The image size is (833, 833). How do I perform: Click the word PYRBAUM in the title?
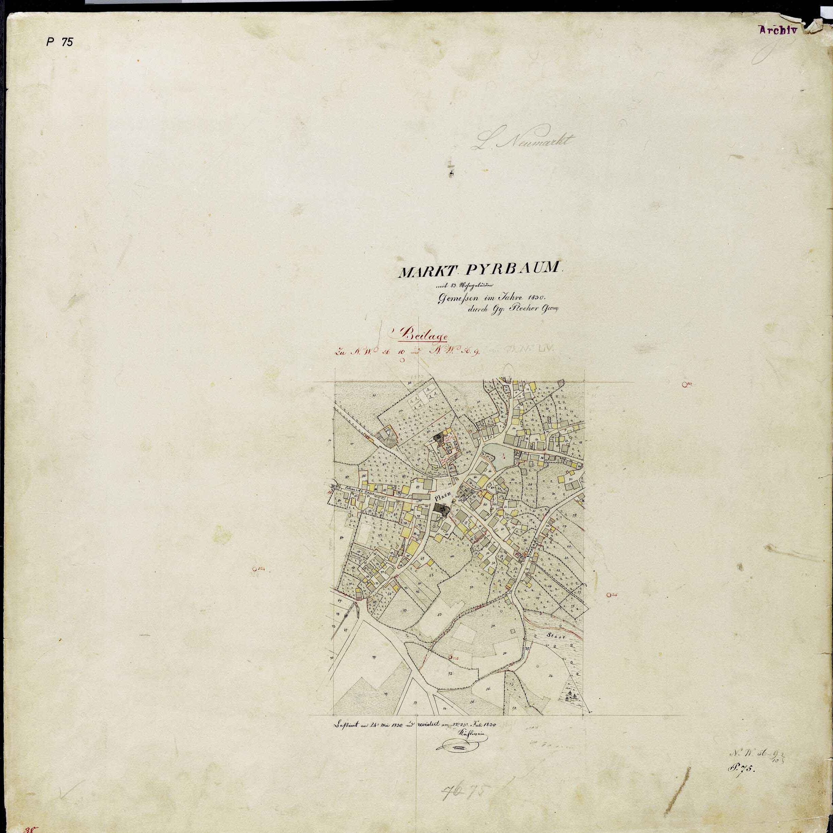515,270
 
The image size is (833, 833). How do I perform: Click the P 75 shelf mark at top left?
60,42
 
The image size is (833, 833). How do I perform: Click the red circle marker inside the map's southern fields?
451,658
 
